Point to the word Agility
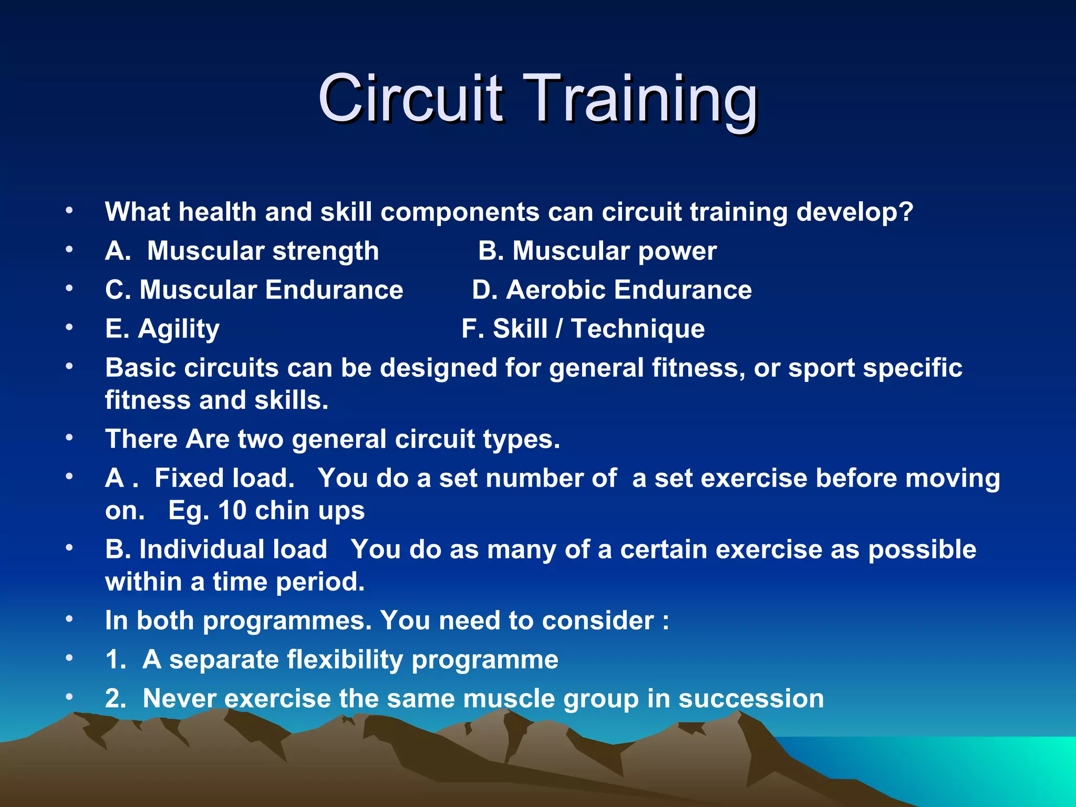pyautogui.click(x=179, y=330)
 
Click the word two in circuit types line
pyautogui.click(x=261, y=439)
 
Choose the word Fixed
pyautogui.click(x=189, y=478)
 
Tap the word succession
pyautogui.click(x=751, y=699)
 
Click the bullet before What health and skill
pyautogui.click(x=69, y=211)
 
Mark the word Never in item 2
pyautogui.click(x=179, y=699)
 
